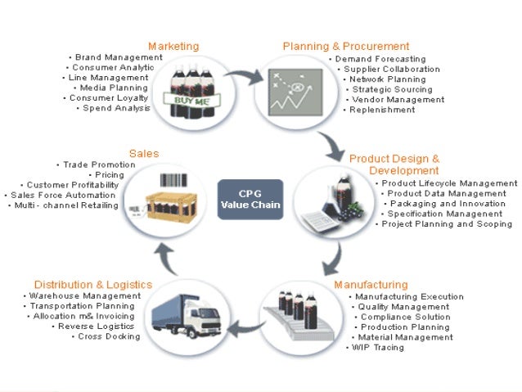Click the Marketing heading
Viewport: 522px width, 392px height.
point(173,46)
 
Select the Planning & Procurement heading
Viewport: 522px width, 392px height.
point(346,46)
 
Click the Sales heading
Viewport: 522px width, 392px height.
point(144,153)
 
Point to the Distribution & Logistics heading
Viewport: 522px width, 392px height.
point(93,284)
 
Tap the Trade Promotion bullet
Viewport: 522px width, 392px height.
point(99,164)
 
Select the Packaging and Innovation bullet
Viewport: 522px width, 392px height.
point(448,204)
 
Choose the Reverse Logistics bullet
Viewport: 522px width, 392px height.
point(106,326)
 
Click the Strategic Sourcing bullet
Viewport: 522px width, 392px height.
point(389,89)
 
